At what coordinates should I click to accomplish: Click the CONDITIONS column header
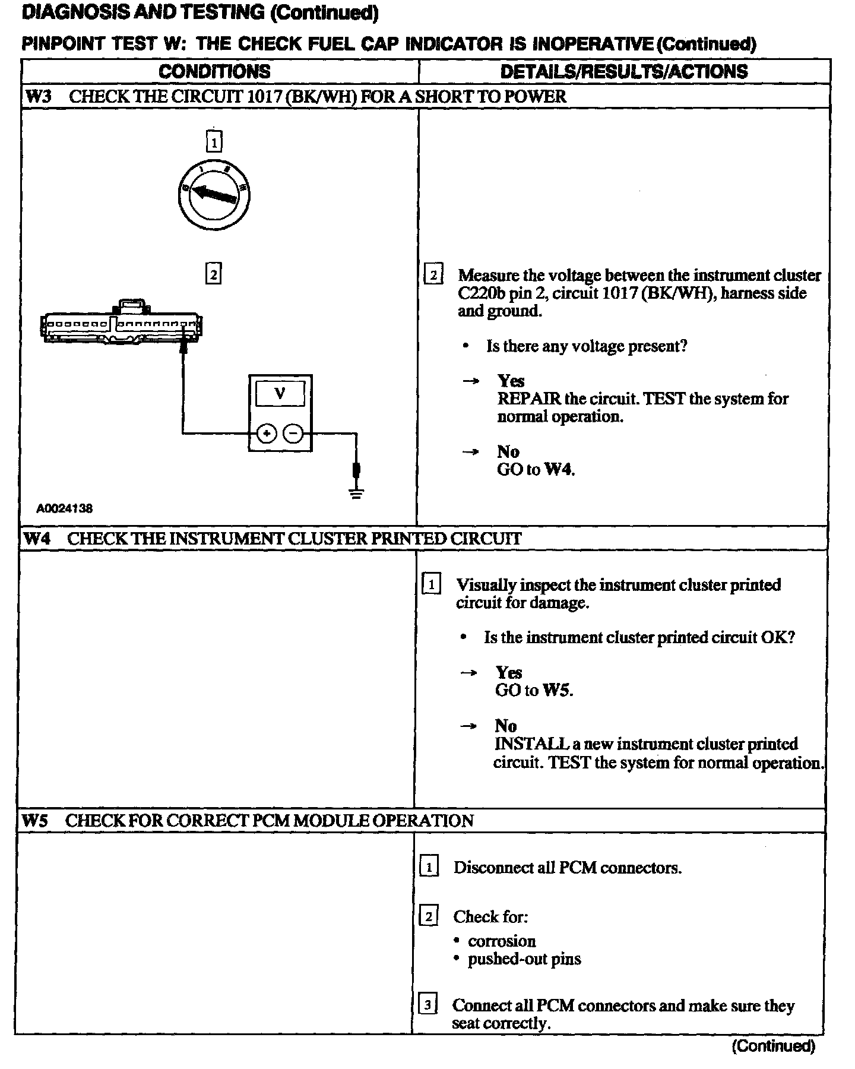[214, 72]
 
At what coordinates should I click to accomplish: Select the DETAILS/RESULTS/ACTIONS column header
[624, 72]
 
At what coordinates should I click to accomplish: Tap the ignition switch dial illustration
[214, 195]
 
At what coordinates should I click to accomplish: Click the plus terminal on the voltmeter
[267, 434]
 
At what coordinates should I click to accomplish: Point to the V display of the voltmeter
[280, 393]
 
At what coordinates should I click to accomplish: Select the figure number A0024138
[64, 508]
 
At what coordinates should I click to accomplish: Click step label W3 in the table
[38, 97]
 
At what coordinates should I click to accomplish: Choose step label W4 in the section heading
[37, 539]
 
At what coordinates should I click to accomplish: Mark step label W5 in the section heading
[36, 821]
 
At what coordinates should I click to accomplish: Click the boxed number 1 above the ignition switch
[214, 141]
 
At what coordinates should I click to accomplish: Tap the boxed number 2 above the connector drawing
[213, 274]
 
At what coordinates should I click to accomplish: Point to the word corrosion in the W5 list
[502, 941]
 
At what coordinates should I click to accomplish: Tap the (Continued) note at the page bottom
[773, 1045]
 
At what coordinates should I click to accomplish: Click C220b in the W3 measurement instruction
[482, 293]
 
